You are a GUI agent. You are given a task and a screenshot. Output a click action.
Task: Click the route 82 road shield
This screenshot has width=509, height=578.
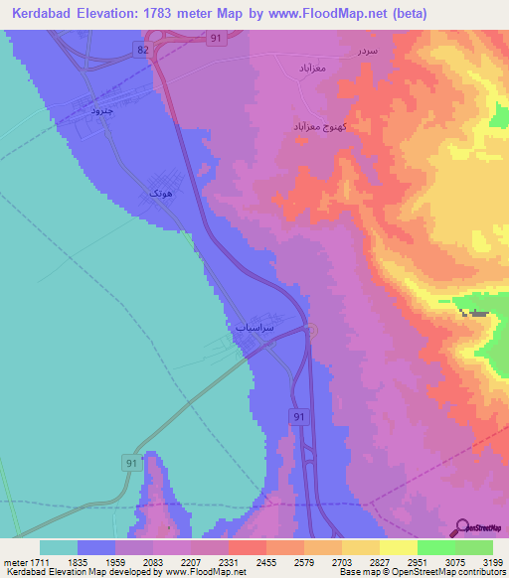click(x=144, y=49)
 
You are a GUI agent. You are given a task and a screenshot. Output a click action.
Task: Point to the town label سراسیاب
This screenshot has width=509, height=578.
click(x=255, y=327)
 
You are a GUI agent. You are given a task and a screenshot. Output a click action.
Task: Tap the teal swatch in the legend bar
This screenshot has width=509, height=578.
click(x=59, y=547)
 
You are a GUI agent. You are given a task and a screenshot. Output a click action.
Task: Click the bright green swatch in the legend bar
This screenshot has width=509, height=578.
click(x=435, y=547)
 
